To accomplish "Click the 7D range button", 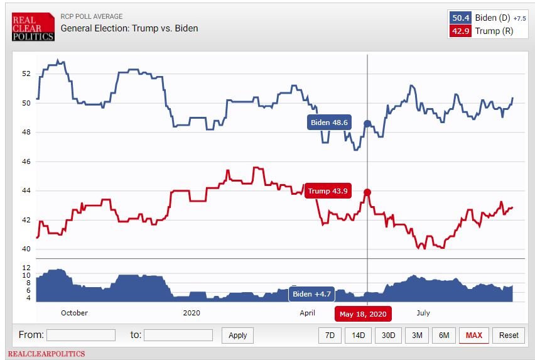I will pyautogui.click(x=330, y=335).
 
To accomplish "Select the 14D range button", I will pyautogui.click(x=358, y=335).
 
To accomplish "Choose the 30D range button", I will pyautogui.click(x=388, y=335).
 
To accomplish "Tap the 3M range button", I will pyautogui.click(x=417, y=335).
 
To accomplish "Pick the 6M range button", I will pyautogui.click(x=444, y=335).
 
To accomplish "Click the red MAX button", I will pyautogui.click(x=474, y=335).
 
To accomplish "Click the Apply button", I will pyautogui.click(x=237, y=335).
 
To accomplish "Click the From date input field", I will pyautogui.click(x=80, y=335).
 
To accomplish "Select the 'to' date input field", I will pyautogui.click(x=178, y=335).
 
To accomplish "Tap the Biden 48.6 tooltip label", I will pyautogui.click(x=329, y=123).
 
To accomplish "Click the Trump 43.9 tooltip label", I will pyautogui.click(x=327, y=191).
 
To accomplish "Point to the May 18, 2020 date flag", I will pyautogui.click(x=363, y=314).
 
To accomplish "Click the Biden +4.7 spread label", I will pyautogui.click(x=312, y=294).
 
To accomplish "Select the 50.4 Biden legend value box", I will pyautogui.click(x=461, y=18).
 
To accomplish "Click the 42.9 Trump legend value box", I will pyautogui.click(x=461, y=31).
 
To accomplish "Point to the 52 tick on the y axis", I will pyautogui.click(x=26, y=74).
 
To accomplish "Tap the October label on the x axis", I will pyautogui.click(x=74, y=313).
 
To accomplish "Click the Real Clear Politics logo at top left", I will pyautogui.click(x=33, y=27).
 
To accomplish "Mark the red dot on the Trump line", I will pyautogui.click(x=367, y=192).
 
